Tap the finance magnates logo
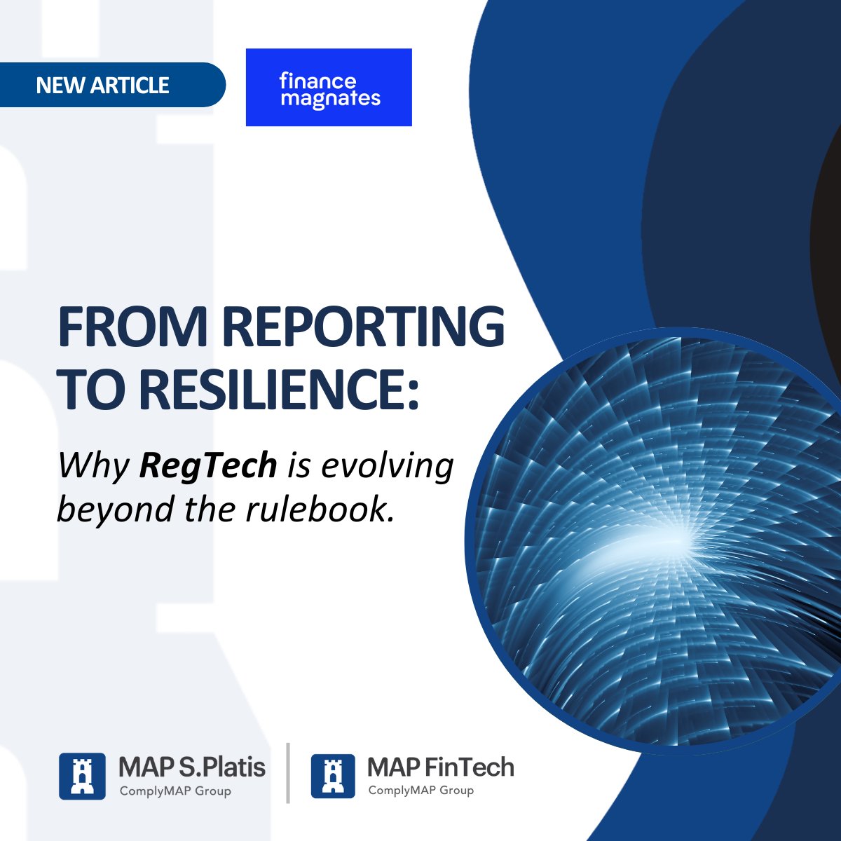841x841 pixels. click(x=329, y=88)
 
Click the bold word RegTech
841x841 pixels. click(x=208, y=465)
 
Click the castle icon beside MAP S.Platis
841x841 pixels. click(x=82, y=776)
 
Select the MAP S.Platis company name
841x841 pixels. click(x=192, y=767)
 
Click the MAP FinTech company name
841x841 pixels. click(x=440, y=767)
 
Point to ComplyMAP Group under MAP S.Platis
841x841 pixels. click(x=175, y=791)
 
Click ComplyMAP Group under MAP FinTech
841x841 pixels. click(x=421, y=791)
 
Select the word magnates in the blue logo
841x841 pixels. click(x=330, y=99)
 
